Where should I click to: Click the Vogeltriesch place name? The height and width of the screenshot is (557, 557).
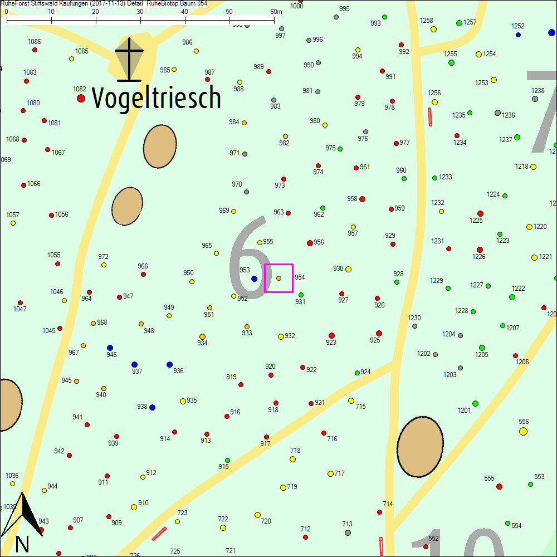click(157, 98)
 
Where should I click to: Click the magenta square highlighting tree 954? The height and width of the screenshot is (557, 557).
click(278, 278)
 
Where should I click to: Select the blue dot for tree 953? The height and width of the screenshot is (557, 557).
click(254, 278)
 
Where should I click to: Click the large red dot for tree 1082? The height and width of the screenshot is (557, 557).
click(81, 98)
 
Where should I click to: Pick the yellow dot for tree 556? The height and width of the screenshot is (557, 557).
click(523, 431)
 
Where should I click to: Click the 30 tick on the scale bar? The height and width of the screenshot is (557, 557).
click(140, 21)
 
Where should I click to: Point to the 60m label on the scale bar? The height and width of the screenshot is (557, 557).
click(276, 12)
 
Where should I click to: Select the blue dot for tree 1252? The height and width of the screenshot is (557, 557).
click(518, 35)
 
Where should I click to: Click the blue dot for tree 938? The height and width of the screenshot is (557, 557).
click(152, 407)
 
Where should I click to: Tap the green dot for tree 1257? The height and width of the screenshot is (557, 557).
click(459, 23)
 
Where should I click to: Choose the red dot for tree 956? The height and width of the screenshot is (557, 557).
click(310, 243)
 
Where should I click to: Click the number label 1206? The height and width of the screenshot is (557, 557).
click(522, 362)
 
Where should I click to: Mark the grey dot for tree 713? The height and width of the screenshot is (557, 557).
click(348, 532)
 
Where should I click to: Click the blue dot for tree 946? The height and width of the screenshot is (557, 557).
click(110, 348)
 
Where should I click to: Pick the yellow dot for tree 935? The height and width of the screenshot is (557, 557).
click(183, 401)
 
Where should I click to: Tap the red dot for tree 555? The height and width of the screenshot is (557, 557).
click(499, 486)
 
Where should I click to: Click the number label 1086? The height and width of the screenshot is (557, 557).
click(34, 42)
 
